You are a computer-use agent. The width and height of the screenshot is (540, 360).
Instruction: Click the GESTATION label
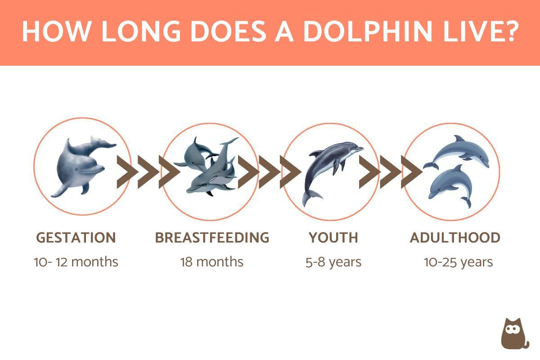[x=76, y=238]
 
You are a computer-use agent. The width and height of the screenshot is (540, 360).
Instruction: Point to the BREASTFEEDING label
[x=212, y=238]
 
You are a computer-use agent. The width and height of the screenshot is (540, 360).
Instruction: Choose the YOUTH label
[x=333, y=238]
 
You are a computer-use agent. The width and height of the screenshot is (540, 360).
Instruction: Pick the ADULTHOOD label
[x=455, y=238]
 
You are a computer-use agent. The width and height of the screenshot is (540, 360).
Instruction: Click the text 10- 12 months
[x=76, y=262]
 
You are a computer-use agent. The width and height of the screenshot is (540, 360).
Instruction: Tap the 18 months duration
[x=212, y=262]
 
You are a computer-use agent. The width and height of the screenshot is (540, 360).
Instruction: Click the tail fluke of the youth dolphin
[x=311, y=197]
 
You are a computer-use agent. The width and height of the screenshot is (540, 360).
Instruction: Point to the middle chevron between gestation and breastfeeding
[x=148, y=172]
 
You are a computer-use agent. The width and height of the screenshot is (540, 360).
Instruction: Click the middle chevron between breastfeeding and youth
[x=270, y=172]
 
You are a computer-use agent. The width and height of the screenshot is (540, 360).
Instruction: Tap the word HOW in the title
[x=55, y=31]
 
